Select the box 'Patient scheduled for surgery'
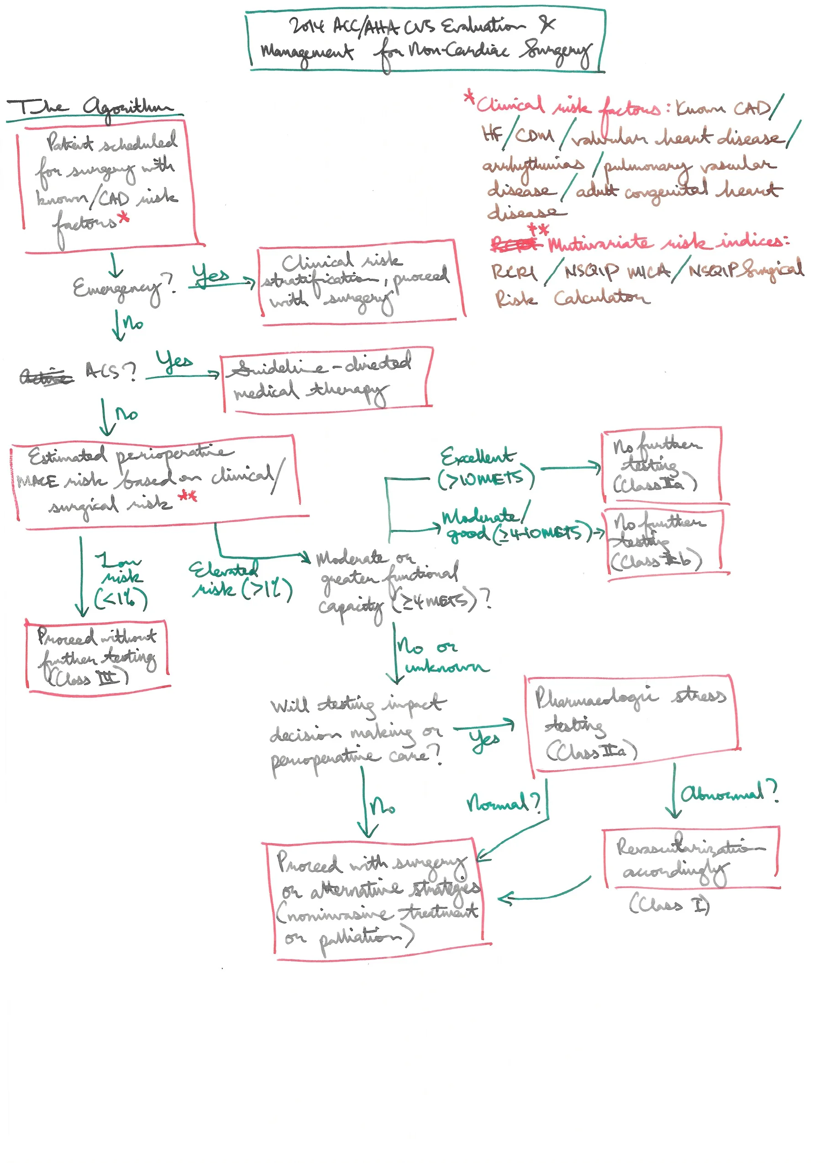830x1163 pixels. tap(109, 187)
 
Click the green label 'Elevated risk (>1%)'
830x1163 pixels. tap(240, 580)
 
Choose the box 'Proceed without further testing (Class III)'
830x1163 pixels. tap(97, 657)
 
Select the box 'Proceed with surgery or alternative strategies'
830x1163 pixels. tap(377, 899)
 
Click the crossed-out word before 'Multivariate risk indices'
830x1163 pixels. tap(515, 245)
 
